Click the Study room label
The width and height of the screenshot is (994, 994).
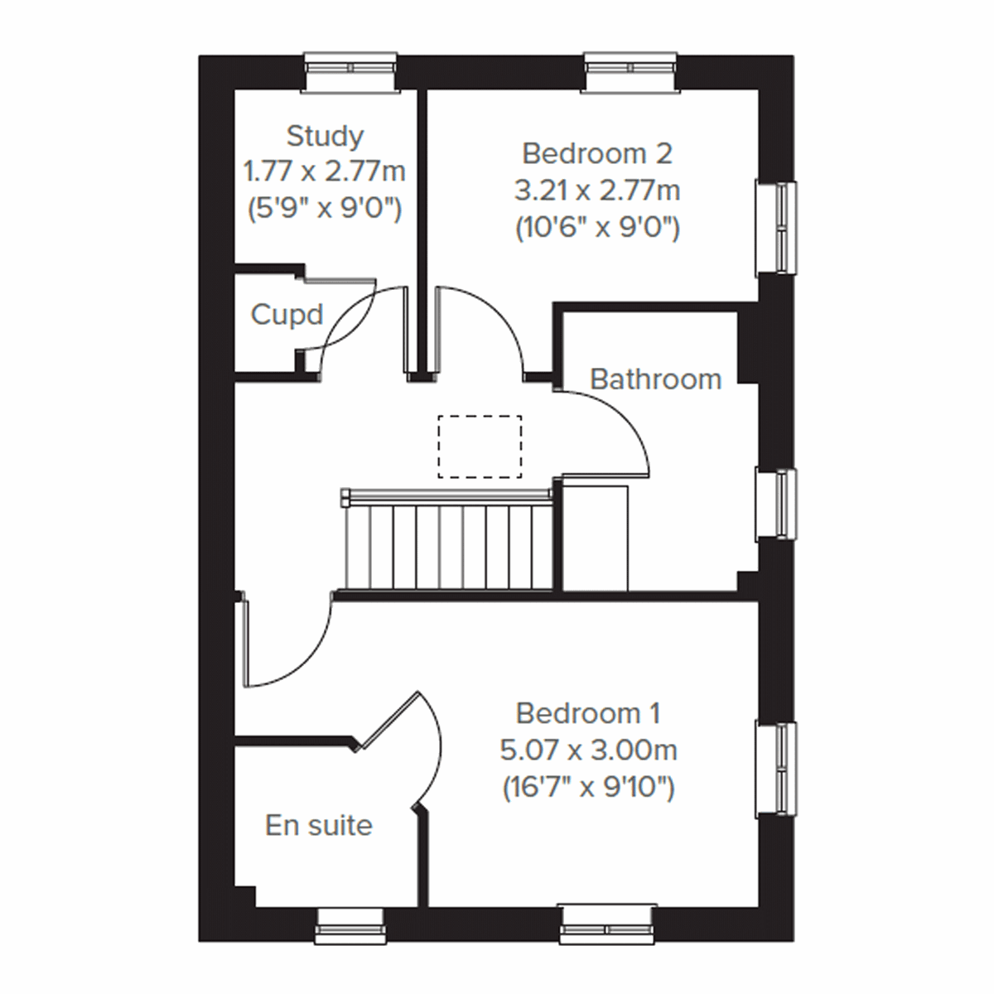tap(325, 135)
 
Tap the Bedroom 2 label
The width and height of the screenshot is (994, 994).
tap(596, 153)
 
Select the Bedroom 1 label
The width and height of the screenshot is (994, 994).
tap(588, 712)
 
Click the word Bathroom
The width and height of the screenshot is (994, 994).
tap(655, 379)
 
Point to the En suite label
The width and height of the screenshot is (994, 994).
tap(319, 825)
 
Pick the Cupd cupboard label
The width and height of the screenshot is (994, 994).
tap(287, 315)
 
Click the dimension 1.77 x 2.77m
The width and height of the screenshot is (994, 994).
tap(325, 172)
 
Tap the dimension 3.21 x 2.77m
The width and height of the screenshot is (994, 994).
tap(596, 191)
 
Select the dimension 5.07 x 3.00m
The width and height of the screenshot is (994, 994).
tap(588, 750)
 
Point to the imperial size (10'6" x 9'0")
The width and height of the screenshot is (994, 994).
tap(596, 227)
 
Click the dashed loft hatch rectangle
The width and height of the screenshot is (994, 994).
tap(480, 446)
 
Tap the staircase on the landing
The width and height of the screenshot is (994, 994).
tap(447, 538)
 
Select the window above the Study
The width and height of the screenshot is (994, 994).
tap(350, 70)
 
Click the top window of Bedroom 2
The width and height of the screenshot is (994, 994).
tap(632, 70)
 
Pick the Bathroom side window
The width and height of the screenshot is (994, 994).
tap(778, 503)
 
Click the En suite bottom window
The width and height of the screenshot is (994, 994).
tap(351, 924)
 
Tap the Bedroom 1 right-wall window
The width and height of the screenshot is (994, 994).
tap(778, 769)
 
